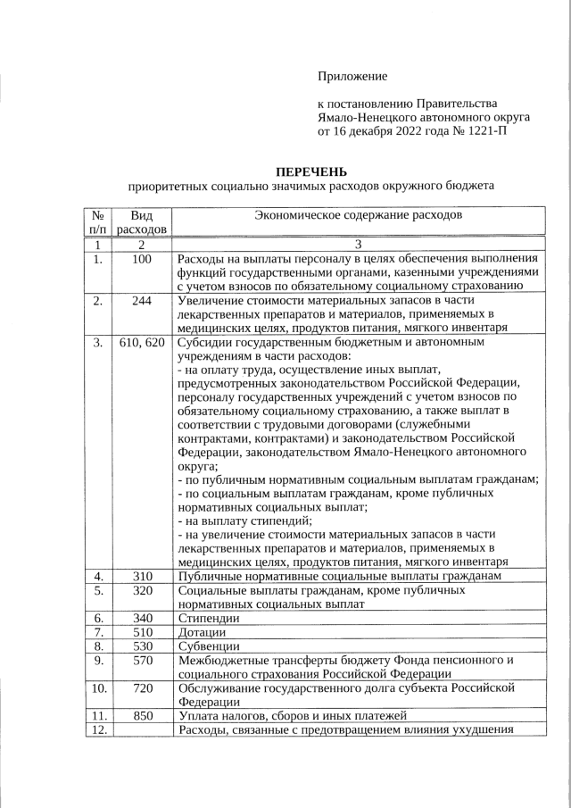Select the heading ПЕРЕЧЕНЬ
click(310, 171)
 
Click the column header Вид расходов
click(141, 223)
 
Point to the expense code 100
click(141, 260)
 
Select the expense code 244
click(141, 301)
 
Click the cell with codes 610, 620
click(141, 342)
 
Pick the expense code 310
click(141, 576)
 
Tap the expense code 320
click(141, 591)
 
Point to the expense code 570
click(141, 661)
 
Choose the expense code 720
click(141, 688)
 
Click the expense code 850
click(141, 716)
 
